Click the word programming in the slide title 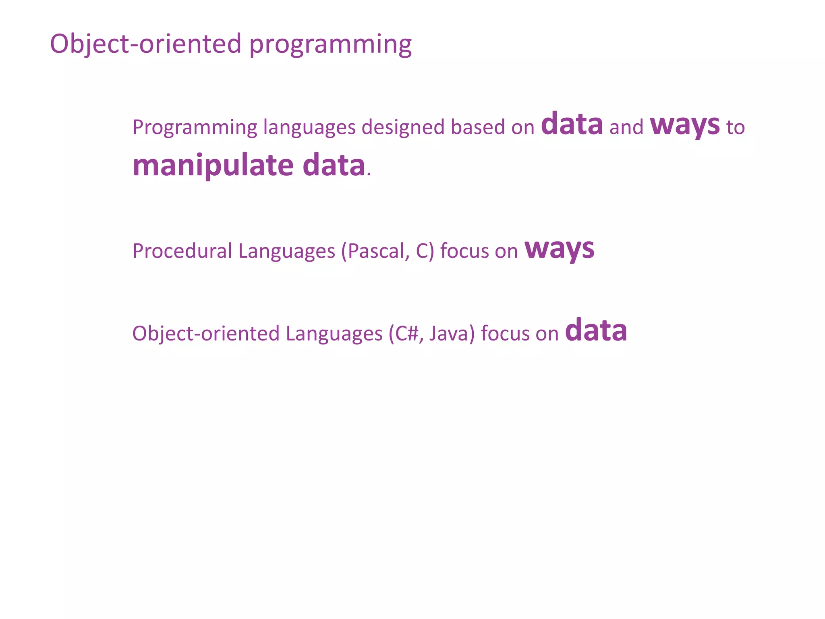pos(331,45)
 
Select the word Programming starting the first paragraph pos(195,128)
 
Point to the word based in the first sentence pos(478,127)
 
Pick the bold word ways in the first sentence pos(685,125)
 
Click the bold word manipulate pos(213,166)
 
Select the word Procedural pos(182,251)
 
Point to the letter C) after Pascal pos(425,251)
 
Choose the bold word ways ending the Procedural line pos(559,249)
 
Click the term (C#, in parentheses pos(406,334)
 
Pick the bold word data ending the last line pos(596,331)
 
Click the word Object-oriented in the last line pos(206,334)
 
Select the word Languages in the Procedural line pos(286,251)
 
